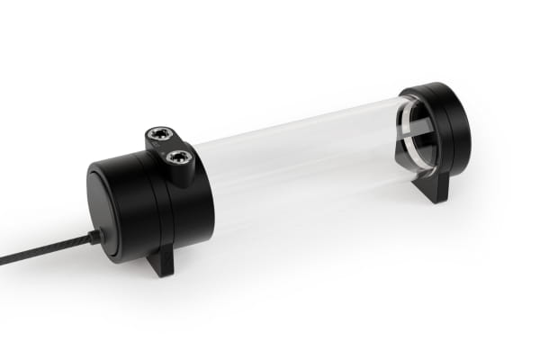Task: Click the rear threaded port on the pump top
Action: click(159, 137)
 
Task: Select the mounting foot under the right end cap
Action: click(436, 186)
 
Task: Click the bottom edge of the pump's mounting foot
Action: click(162, 274)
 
